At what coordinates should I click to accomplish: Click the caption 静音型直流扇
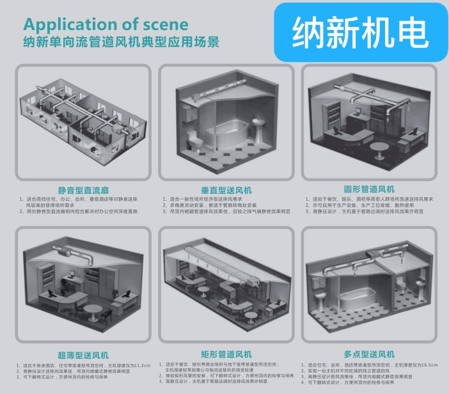tap(83, 190)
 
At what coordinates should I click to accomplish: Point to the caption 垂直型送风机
tap(226, 190)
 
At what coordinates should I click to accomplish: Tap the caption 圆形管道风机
tap(369, 189)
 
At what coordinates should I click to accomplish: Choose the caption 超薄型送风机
tap(83, 355)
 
